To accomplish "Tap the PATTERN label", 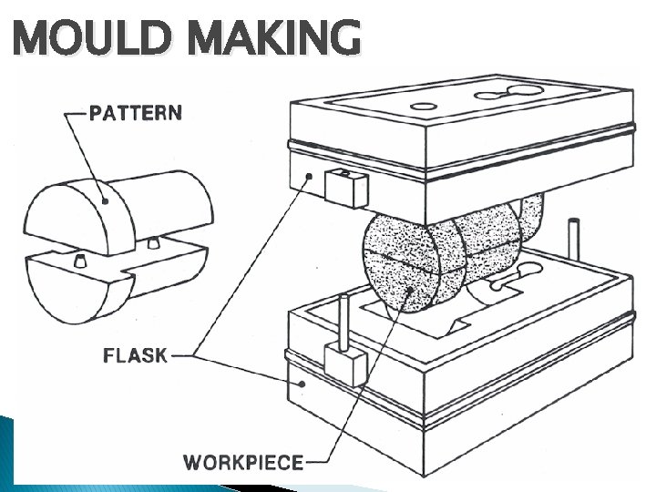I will coord(135,113).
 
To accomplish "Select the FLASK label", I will coord(135,354).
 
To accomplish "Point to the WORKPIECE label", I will coord(243,462).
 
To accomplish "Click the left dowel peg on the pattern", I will coord(79,261).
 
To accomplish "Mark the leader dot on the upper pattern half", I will coord(105,201).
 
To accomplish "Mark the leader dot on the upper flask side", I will coord(310,176).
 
